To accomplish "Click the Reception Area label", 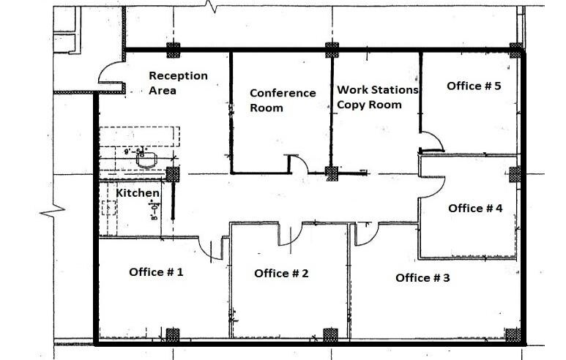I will (178, 83).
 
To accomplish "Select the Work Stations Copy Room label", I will (377, 97).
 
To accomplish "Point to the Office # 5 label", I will (474, 86).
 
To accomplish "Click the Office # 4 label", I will (475, 208).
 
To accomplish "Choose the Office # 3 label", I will (422, 277).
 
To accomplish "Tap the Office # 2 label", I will (281, 273).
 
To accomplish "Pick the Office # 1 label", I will (156, 271).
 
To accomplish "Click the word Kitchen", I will (138, 192).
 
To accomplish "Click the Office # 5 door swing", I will (431, 140).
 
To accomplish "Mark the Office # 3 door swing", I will (366, 233).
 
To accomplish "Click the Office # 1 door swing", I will (212, 247).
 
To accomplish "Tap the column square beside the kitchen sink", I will (173, 174).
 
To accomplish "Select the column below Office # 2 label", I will (331, 335).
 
